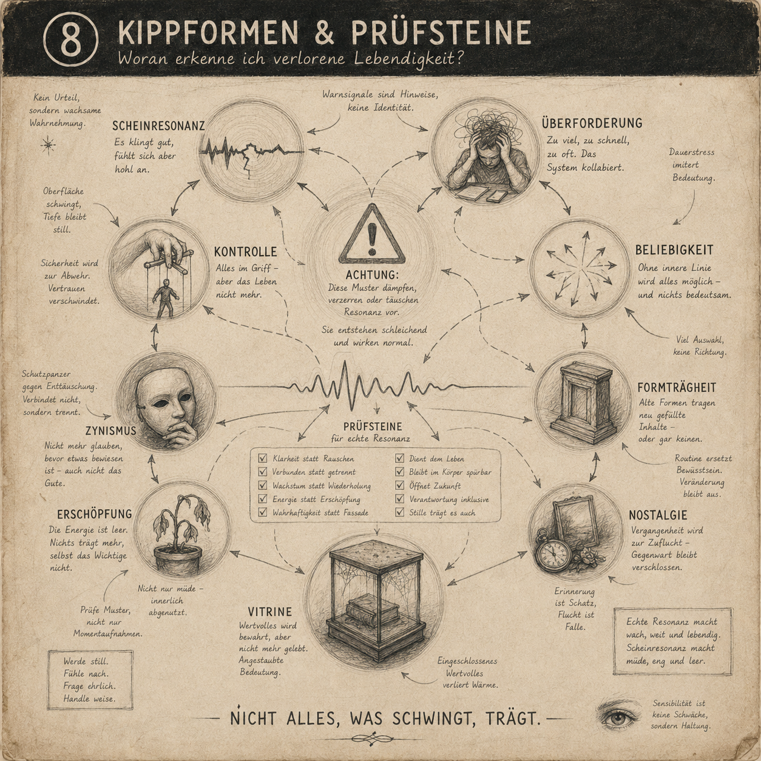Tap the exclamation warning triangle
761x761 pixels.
click(x=371, y=235)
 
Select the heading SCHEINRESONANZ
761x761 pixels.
click(x=158, y=126)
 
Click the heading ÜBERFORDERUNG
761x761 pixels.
click(x=592, y=123)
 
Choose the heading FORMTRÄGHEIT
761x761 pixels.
click(x=677, y=387)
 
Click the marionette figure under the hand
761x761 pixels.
click(x=162, y=297)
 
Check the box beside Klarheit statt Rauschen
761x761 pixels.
click(x=263, y=458)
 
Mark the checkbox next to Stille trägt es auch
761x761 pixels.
click(x=400, y=512)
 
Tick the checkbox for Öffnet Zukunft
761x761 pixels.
click(x=400, y=485)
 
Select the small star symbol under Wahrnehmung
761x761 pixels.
click(x=48, y=144)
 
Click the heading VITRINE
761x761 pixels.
click(x=269, y=612)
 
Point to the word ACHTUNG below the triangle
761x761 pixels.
click(x=372, y=275)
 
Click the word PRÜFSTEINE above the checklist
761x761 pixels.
click(x=373, y=427)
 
